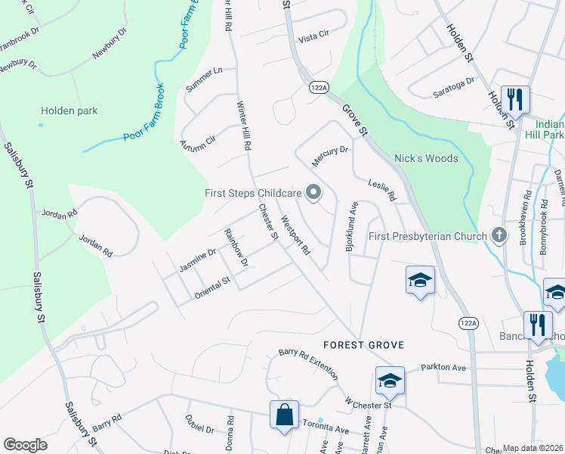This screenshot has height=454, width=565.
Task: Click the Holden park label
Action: pyautogui.click(x=69, y=110)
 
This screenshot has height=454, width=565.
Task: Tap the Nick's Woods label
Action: pyautogui.click(x=426, y=159)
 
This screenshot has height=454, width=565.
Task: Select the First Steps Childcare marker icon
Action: pyautogui.click(x=312, y=192)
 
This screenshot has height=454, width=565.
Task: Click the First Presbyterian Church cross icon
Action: pyautogui.click(x=499, y=236)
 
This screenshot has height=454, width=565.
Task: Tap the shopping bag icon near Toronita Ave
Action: pyautogui.click(x=284, y=415)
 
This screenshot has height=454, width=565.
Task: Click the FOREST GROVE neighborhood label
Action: pyautogui.click(x=363, y=345)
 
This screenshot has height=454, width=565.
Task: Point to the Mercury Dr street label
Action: pyautogui.click(x=332, y=150)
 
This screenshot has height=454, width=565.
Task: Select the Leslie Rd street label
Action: pyautogui.click(x=381, y=189)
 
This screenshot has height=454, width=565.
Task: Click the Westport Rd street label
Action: pyautogui.click(x=295, y=235)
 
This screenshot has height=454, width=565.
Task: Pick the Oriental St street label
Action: pyautogui.click(x=211, y=285)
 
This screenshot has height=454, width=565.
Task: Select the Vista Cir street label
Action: pyautogui.click(x=314, y=36)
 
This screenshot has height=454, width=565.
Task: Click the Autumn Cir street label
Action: pyautogui.click(x=197, y=144)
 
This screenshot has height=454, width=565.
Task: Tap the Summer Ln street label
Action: pyautogui.click(x=204, y=81)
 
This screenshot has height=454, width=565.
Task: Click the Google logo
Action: pyautogui.click(x=26, y=445)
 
